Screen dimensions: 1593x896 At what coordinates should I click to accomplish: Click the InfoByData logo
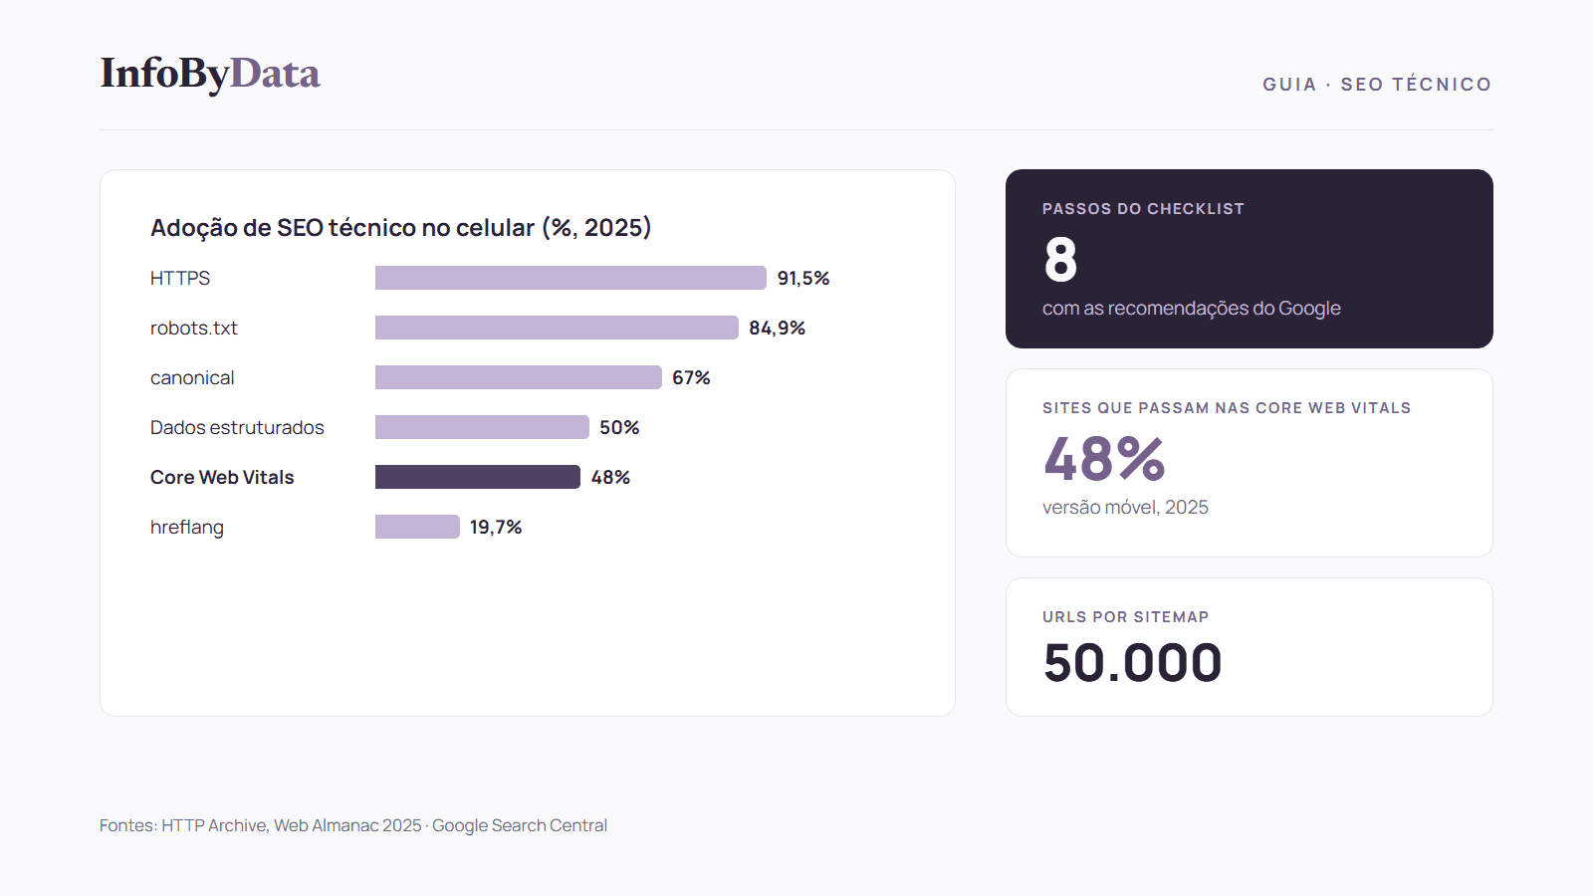(x=210, y=74)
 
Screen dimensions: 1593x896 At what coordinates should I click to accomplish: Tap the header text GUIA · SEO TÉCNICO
(x=1377, y=84)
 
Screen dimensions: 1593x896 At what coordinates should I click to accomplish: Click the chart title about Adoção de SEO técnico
(x=400, y=228)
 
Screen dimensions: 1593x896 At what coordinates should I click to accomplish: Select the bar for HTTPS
(x=570, y=278)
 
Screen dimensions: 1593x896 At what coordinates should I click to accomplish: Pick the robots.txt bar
(x=557, y=328)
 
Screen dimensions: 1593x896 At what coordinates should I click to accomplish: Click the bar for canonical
(x=519, y=377)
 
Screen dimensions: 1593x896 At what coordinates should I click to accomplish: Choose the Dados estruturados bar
(x=482, y=427)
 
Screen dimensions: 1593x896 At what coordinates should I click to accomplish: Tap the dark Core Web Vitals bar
(x=478, y=477)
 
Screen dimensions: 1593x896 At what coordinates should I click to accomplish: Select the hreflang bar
(x=417, y=527)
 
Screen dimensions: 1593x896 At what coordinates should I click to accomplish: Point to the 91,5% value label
(x=802, y=278)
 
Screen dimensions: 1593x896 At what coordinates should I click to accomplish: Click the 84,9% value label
(x=777, y=328)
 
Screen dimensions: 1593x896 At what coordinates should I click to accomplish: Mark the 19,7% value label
(x=496, y=527)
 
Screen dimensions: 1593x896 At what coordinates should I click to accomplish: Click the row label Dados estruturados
(x=237, y=427)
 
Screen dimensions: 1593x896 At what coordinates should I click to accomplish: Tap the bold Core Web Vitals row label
(x=222, y=477)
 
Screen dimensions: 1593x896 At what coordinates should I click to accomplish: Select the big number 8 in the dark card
(x=1060, y=260)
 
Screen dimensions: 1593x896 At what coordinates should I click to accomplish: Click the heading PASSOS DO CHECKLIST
(x=1144, y=208)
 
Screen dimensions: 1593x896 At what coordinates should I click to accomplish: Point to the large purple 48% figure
(x=1104, y=459)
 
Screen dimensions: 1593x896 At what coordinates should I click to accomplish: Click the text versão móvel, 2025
(x=1125, y=507)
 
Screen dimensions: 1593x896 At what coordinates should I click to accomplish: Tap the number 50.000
(x=1132, y=663)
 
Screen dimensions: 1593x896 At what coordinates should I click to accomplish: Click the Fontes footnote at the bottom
(x=353, y=825)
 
